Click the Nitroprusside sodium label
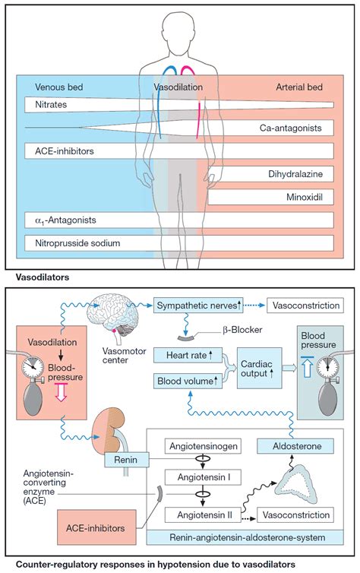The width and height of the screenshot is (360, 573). [x=74, y=244]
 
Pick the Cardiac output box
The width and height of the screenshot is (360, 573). [x=258, y=367]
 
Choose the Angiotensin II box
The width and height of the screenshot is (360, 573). [x=201, y=514]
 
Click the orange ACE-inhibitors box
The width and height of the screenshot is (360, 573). [x=95, y=525]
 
